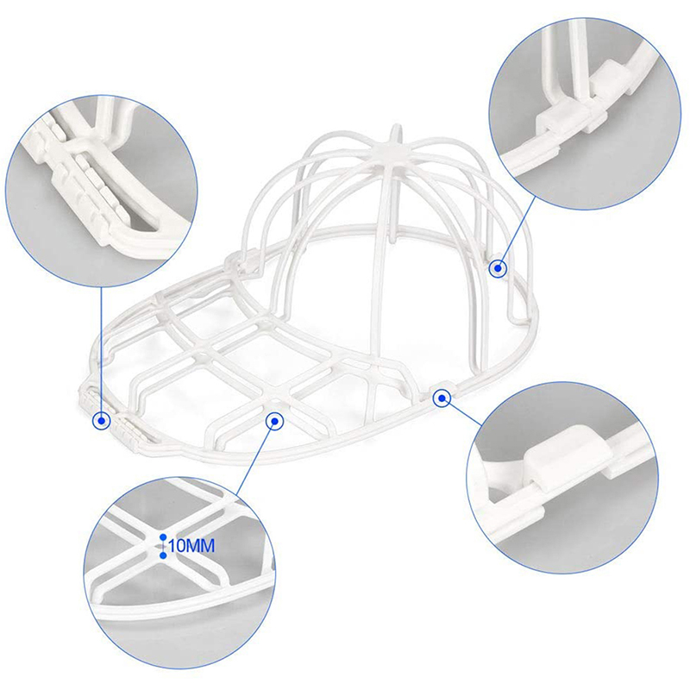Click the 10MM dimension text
pos(191,546)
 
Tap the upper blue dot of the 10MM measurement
pos(163,537)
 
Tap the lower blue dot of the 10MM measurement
pos(163,555)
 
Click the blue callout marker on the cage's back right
pos(498,268)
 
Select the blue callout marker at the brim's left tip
pos(101,421)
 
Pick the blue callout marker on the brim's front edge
pos(274,421)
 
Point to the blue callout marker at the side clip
pos(442,398)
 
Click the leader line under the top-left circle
pos(101,349)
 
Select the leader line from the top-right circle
pos(517,230)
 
